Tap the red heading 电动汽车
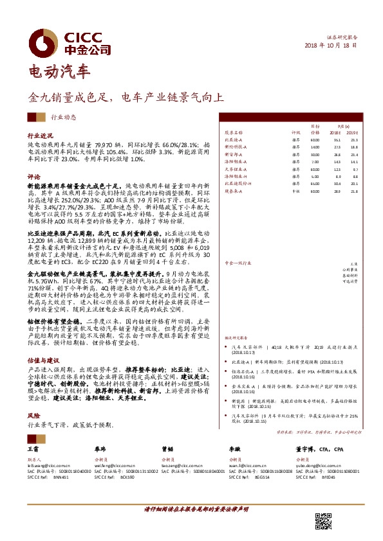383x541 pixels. (x=60, y=72)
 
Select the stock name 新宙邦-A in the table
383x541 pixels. (x=234, y=154)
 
